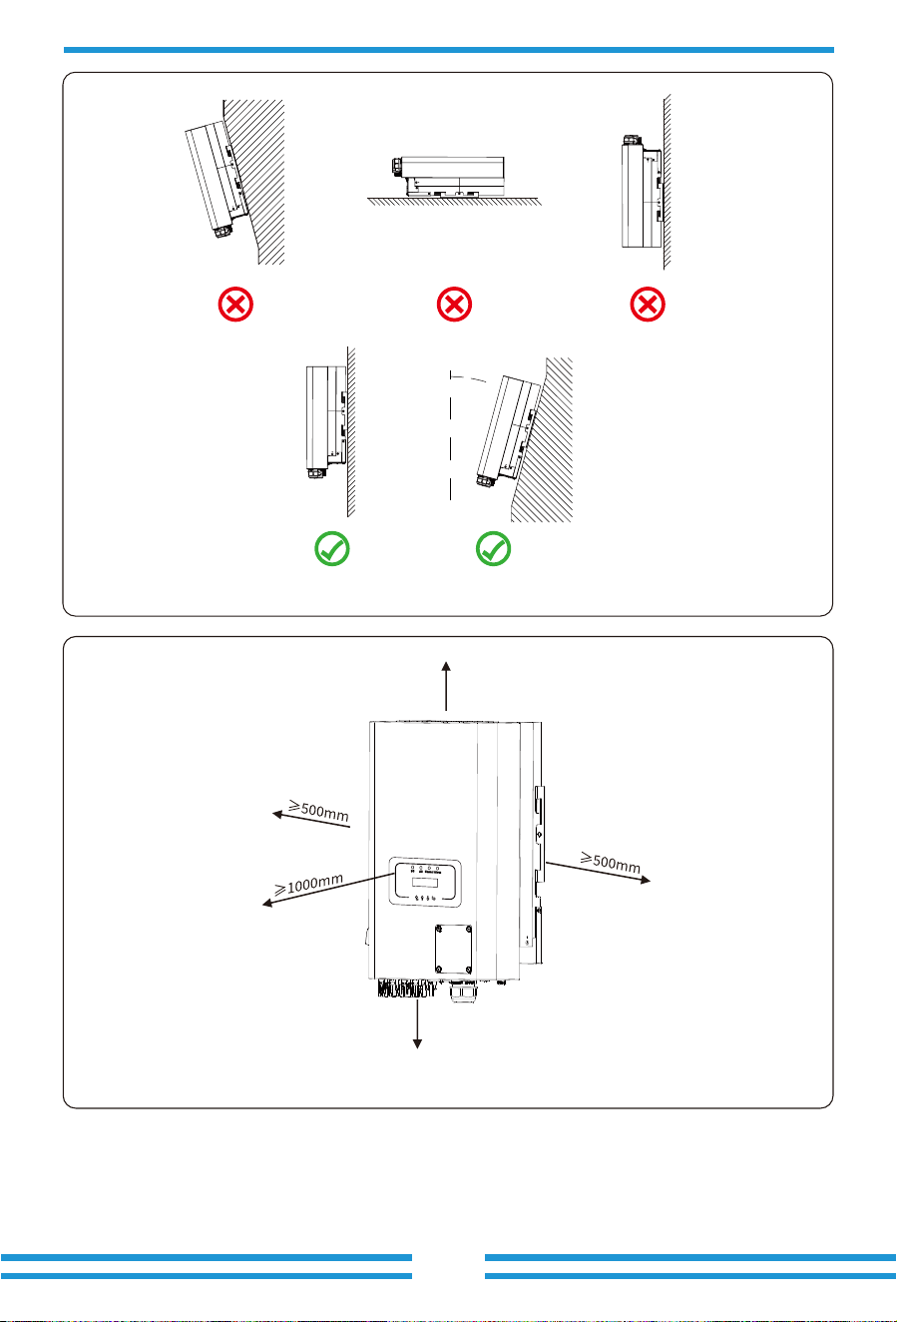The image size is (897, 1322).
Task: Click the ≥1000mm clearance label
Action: [x=309, y=884]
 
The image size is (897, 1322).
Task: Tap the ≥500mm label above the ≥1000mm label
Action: [x=318, y=811]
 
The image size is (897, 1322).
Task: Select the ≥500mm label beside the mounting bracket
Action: [x=611, y=863]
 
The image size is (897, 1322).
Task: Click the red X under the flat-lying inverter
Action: [x=454, y=305]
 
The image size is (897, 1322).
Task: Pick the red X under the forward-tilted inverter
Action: [x=235, y=305]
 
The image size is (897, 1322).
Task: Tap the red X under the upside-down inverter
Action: [x=648, y=305]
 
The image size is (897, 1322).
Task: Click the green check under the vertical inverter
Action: [x=332, y=549]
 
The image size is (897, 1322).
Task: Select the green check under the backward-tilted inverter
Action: [x=493, y=549]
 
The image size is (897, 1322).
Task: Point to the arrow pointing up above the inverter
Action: [x=446, y=686]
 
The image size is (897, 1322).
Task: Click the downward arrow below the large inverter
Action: [x=417, y=1022]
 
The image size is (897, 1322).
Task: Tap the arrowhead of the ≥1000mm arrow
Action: [x=266, y=903]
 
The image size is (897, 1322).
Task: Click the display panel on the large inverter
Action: [x=425, y=883]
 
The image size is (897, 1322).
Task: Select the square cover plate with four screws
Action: [x=454, y=950]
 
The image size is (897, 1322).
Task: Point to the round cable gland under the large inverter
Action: [x=461, y=991]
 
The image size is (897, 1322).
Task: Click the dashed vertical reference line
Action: [x=451, y=435]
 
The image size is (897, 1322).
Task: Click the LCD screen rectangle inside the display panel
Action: [x=425, y=883]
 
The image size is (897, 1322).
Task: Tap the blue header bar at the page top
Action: [x=449, y=50]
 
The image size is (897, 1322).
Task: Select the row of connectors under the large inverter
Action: [x=406, y=989]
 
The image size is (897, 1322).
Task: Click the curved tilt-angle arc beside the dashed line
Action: [x=469, y=377]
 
